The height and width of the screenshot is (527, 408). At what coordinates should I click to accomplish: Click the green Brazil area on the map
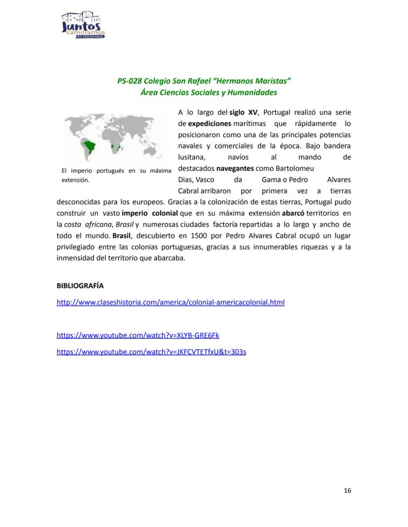pos(89,146)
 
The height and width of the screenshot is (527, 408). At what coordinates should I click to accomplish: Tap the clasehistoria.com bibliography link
pos(170,302)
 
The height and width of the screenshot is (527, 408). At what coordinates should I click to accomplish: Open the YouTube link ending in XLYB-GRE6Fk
pos(138,335)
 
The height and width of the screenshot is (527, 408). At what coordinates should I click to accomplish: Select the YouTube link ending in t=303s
pos(151,352)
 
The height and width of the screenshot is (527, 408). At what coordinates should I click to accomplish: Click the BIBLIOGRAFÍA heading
pos(80,286)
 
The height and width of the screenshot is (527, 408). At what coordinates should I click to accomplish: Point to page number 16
pos(347,491)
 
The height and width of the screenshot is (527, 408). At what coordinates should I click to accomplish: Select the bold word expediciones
pos(209,124)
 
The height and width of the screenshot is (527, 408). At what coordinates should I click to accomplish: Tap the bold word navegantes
pos(235,168)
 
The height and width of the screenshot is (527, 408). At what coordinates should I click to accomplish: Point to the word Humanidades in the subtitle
pos(252,93)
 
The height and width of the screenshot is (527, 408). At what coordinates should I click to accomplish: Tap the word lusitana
pos(191,157)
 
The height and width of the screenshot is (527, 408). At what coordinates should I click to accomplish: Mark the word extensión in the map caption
pos(73,180)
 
